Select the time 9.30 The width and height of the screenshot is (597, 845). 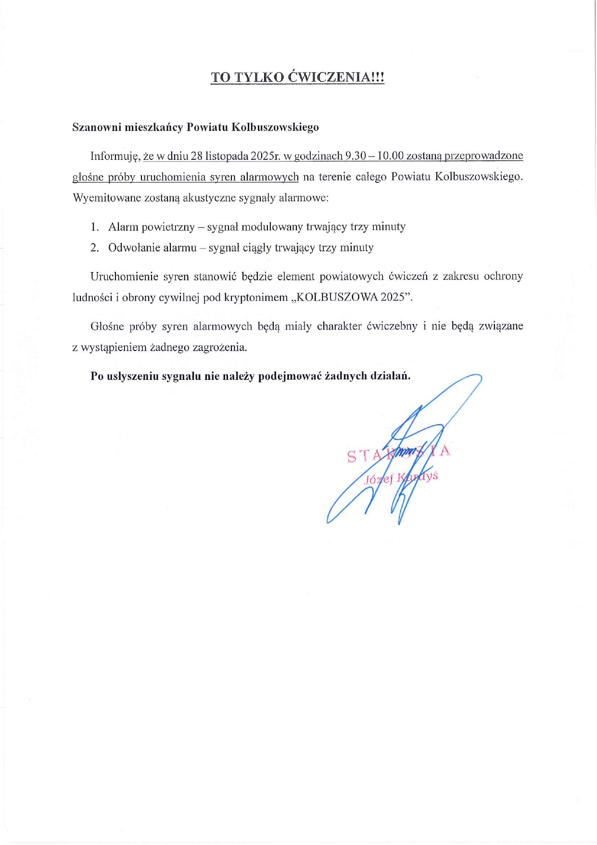click(356, 156)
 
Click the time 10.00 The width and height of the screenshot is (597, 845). click(391, 156)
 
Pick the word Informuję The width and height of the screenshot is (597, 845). click(115, 156)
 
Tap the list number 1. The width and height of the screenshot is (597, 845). click(94, 227)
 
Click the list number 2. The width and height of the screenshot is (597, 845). click(94, 248)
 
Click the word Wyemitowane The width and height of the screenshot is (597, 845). click(105, 198)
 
